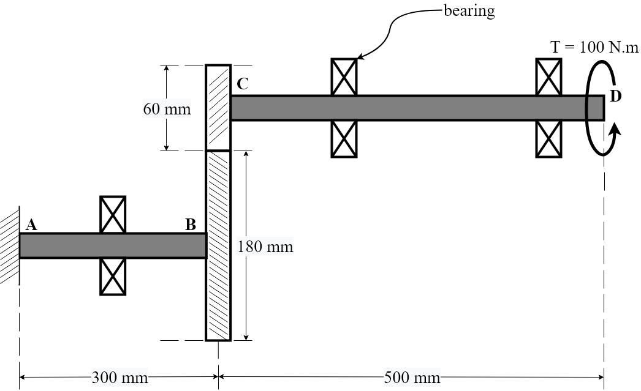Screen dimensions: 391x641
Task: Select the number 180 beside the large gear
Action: pyautogui.click(x=250, y=247)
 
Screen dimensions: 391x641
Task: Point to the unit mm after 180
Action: pyautogui.click(x=279, y=247)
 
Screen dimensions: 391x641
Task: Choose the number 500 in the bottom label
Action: pyautogui.click(x=396, y=378)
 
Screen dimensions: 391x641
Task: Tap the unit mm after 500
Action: pyautogui.click(x=426, y=378)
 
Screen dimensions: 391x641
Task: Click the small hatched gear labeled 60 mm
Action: pyautogui.click(x=218, y=108)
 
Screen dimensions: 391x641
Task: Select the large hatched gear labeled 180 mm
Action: pyautogui.click(x=218, y=245)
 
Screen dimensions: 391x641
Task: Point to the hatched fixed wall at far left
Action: pyautogui.click(x=9, y=247)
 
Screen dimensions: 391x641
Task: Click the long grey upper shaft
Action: pyautogui.click(x=408, y=108)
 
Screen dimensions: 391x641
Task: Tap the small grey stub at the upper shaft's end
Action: pyautogui.click(x=595, y=108)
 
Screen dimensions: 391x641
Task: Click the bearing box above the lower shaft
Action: pyautogui.click(x=113, y=215)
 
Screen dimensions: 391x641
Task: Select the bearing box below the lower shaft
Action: pyautogui.click(x=113, y=276)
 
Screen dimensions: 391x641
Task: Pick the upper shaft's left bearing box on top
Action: pyautogui.click(x=344, y=78)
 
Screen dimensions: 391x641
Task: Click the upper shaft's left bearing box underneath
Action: pyautogui.click(x=344, y=138)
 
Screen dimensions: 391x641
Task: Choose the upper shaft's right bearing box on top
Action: pyautogui.click(x=548, y=78)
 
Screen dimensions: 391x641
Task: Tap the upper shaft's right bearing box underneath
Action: pyautogui.click(x=548, y=138)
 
